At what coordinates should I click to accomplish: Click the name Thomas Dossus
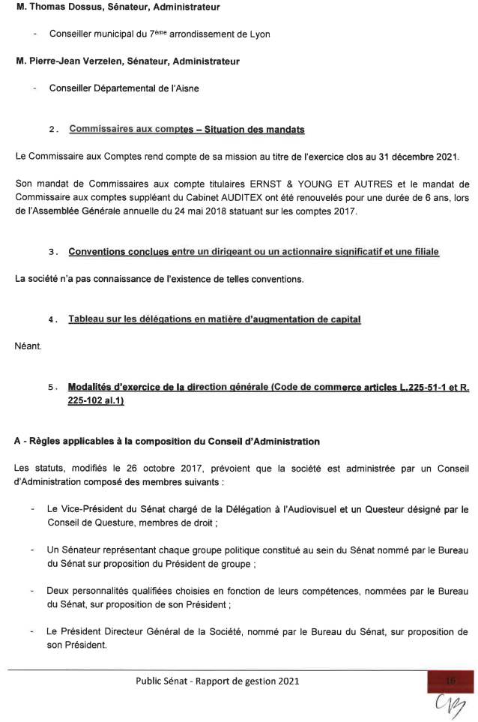(57, 8)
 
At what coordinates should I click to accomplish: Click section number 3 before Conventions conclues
(51, 252)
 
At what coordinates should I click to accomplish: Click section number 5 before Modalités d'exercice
(51, 388)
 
